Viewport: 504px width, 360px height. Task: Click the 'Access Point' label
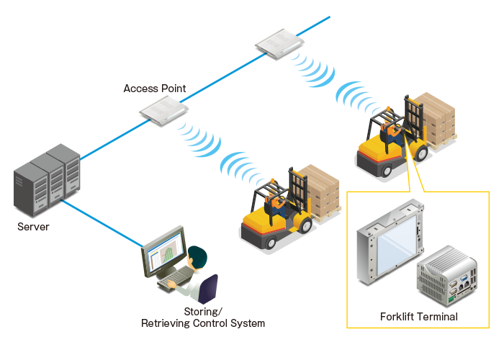point(155,89)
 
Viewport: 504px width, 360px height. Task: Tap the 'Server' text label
point(33,227)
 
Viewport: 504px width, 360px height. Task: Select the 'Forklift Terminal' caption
point(419,317)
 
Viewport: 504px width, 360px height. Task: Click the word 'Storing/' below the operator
point(203,312)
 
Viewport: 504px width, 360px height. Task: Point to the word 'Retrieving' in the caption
point(165,323)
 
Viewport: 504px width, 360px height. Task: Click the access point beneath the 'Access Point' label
point(164,111)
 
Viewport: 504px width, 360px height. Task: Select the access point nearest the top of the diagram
point(279,43)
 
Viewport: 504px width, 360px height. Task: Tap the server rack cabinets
point(47,180)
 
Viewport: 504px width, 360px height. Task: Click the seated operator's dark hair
point(197,256)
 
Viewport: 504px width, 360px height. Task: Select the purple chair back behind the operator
point(208,288)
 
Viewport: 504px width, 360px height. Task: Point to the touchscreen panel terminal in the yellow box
point(390,242)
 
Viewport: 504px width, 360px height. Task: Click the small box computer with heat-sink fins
point(447,276)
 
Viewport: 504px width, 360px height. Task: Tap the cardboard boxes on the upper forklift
point(436,118)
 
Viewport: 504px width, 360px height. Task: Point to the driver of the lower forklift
point(275,200)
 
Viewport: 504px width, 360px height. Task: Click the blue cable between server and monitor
point(102,224)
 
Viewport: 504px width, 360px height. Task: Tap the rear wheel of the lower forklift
point(270,242)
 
